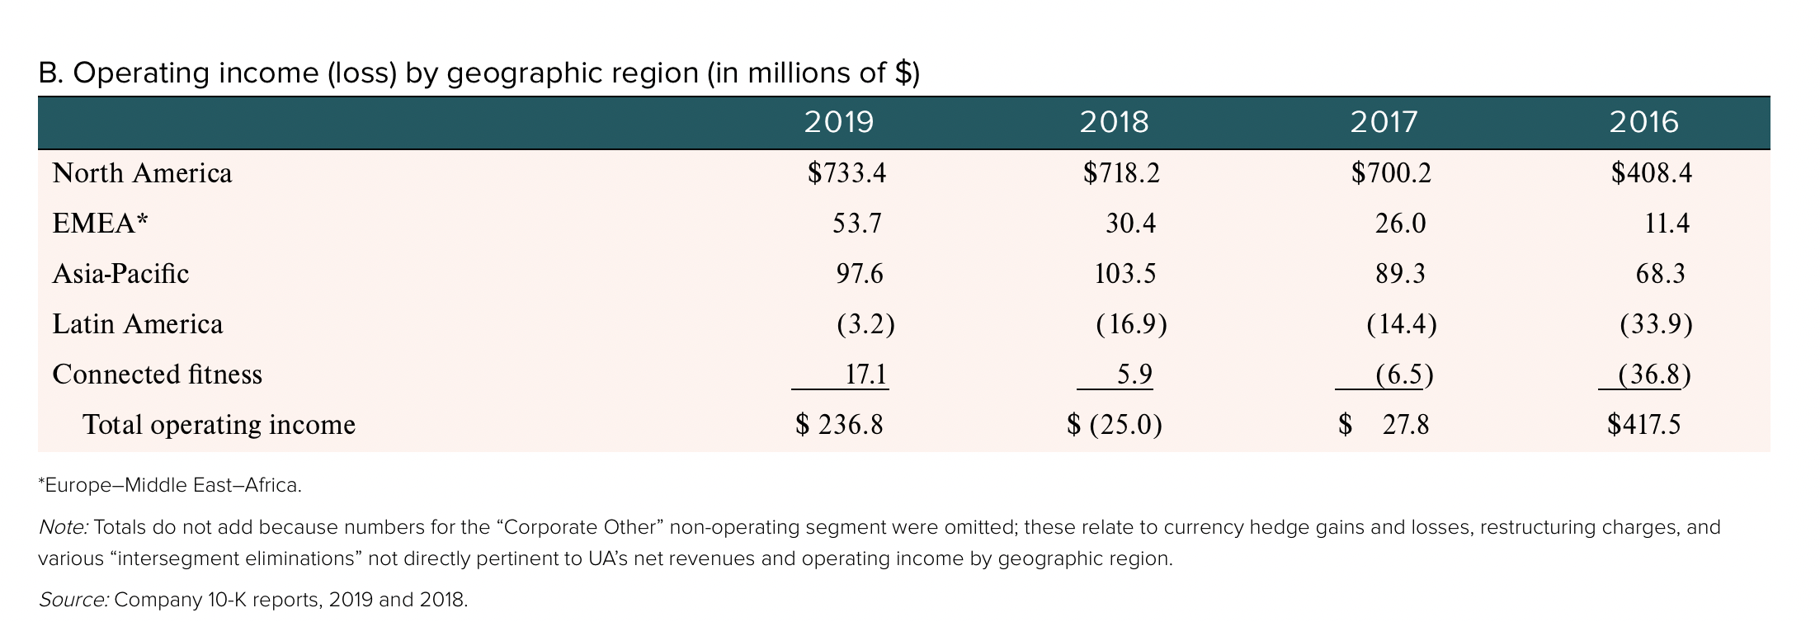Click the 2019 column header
click(838, 122)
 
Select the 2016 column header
click(1643, 122)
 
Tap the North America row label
click(142, 173)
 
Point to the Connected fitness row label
click(157, 375)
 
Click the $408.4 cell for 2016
click(1651, 173)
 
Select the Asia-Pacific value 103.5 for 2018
click(1125, 274)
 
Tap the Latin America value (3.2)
click(865, 324)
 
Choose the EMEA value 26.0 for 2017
click(1400, 224)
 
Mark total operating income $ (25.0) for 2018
click(1115, 425)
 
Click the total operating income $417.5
click(1643, 425)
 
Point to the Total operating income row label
click(219, 425)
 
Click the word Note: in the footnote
click(64, 527)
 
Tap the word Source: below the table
click(73, 600)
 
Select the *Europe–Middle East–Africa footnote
click(170, 485)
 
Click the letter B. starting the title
click(50, 74)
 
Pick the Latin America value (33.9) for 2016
click(1656, 324)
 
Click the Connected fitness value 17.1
click(865, 375)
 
